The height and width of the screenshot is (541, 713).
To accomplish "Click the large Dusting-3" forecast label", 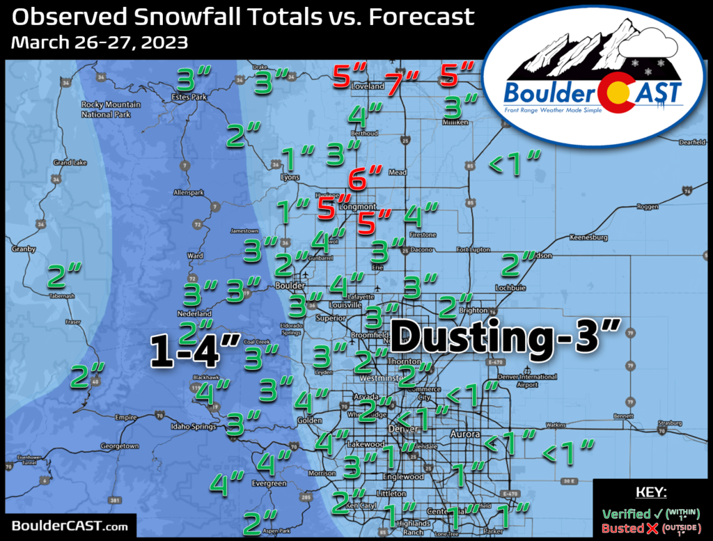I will pos(505,338).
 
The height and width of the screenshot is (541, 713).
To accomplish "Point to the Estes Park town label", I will pos(189,97).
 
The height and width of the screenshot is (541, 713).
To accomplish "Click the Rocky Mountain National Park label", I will pos(107,109).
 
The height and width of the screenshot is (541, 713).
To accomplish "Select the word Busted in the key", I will pos(623,528).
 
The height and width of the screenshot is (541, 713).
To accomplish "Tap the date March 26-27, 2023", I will pos(100,42).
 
